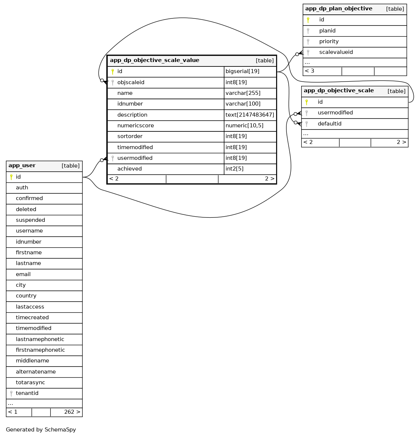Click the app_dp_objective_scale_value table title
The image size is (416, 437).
[154, 61]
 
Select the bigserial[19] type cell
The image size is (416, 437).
[242, 72]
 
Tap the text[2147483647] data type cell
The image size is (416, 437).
[250, 115]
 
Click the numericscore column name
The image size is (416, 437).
[135, 125]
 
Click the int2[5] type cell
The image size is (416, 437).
[234, 169]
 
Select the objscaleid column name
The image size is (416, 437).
[131, 82]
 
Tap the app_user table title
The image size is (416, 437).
[22, 166]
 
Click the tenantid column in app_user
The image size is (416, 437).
[27, 393]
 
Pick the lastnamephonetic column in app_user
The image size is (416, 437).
[40, 339]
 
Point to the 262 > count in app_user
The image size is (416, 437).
[72, 412]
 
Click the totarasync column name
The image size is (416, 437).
[30, 382]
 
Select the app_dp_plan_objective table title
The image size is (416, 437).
[338, 9]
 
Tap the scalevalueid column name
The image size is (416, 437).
[336, 52]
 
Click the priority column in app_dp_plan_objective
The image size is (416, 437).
[329, 41]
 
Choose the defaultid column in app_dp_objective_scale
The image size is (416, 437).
[329, 124]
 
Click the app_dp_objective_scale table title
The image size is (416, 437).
[338, 91]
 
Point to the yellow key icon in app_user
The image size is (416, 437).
[11, 177]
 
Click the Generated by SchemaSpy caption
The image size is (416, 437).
[41, 430]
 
